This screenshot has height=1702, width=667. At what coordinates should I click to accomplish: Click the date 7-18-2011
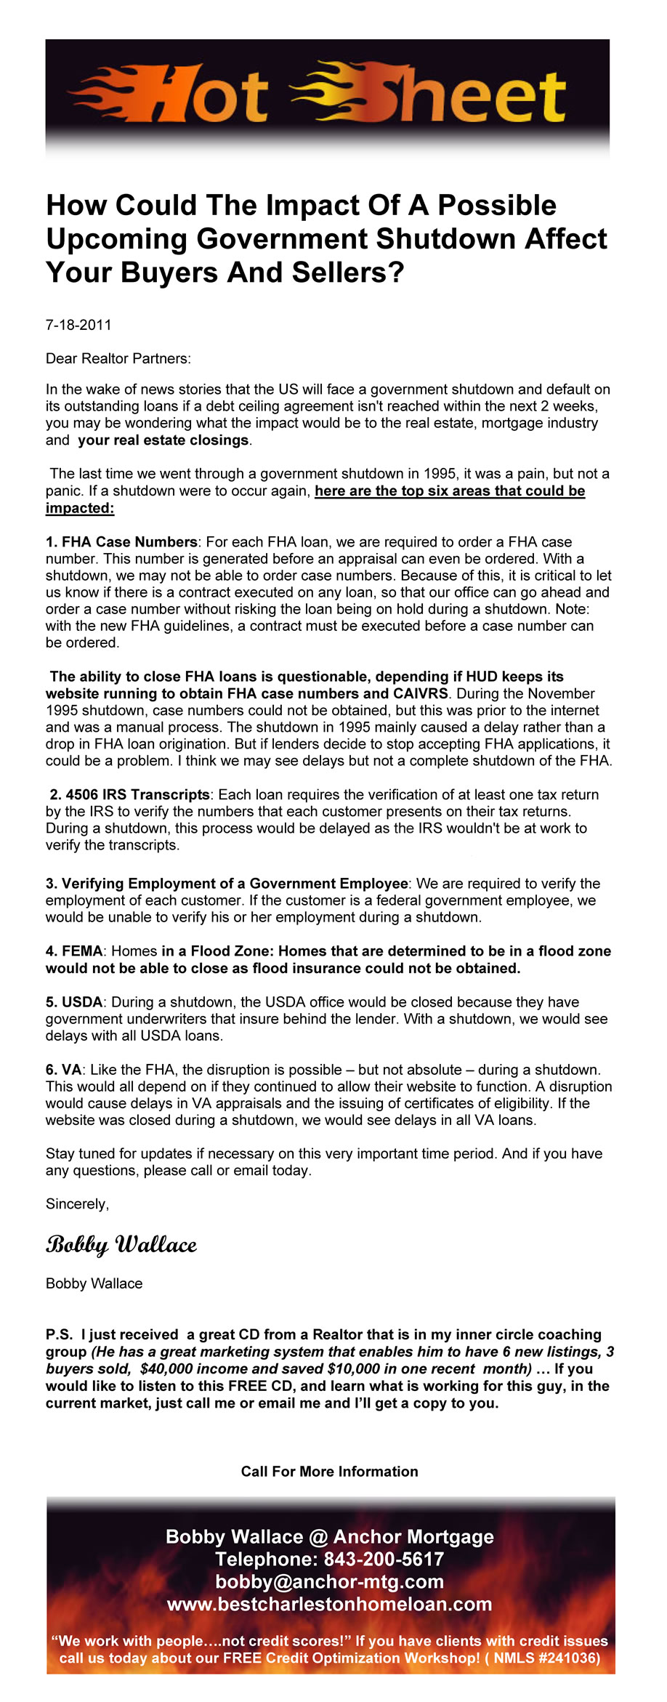tap(78, 325)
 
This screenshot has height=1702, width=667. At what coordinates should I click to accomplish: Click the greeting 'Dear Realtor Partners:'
tap(118, 358)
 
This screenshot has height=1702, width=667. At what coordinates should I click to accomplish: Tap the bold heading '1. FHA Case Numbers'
tap(121, 542)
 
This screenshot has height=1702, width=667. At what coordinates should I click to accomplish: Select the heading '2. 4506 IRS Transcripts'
tap(130, 795)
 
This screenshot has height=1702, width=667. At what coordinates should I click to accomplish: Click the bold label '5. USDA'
tap(74, 1002)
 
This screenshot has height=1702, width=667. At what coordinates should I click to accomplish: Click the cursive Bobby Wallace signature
tap(121, 1245)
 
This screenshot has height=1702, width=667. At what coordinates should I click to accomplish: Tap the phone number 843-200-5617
tap(383, 1559)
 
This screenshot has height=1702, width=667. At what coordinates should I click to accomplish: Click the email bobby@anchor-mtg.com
tap(329, 1581)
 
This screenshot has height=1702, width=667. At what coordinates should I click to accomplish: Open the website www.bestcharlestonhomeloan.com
tap(329, 1604)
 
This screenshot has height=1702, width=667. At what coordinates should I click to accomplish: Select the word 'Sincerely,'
tap(77, 1204)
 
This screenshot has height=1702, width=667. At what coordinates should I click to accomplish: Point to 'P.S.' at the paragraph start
tap(59, 1335)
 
